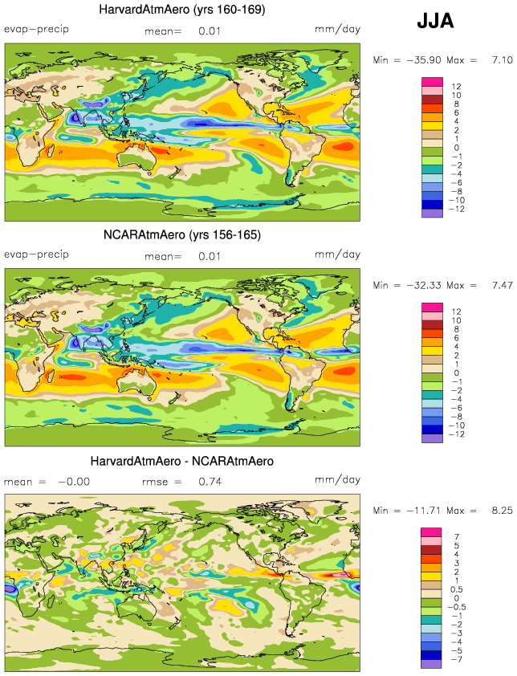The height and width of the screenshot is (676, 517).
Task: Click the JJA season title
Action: click(x=435, y=22)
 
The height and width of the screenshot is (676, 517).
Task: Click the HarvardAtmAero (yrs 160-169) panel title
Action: click(x=182, y=10)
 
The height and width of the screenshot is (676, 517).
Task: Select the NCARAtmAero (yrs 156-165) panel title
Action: click(x=182, y=235)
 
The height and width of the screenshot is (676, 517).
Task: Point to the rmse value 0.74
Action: click(x=210, y=482)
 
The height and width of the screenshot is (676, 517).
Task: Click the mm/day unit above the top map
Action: click(x=337, y=30)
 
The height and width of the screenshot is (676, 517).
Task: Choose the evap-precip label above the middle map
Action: click(x=36, y=255)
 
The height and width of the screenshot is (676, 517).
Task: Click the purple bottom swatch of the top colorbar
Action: click(x=432, y=213)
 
